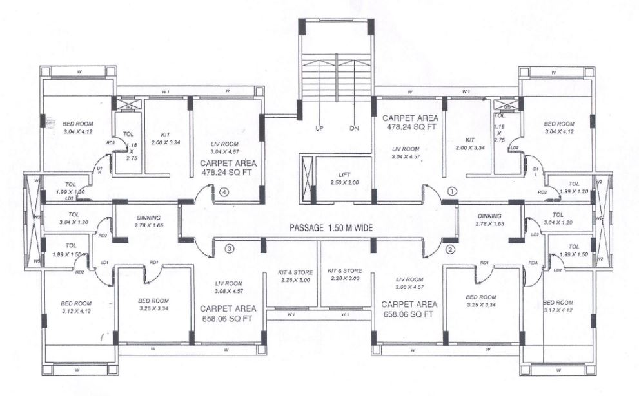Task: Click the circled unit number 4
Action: coord(224,191)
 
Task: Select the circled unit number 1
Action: coord(451,191)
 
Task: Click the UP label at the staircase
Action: coord(319,127)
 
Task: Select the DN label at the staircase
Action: coord(353,127)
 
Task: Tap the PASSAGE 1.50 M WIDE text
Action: coord(330,227)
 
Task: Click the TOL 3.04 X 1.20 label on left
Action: coord(73,218)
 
